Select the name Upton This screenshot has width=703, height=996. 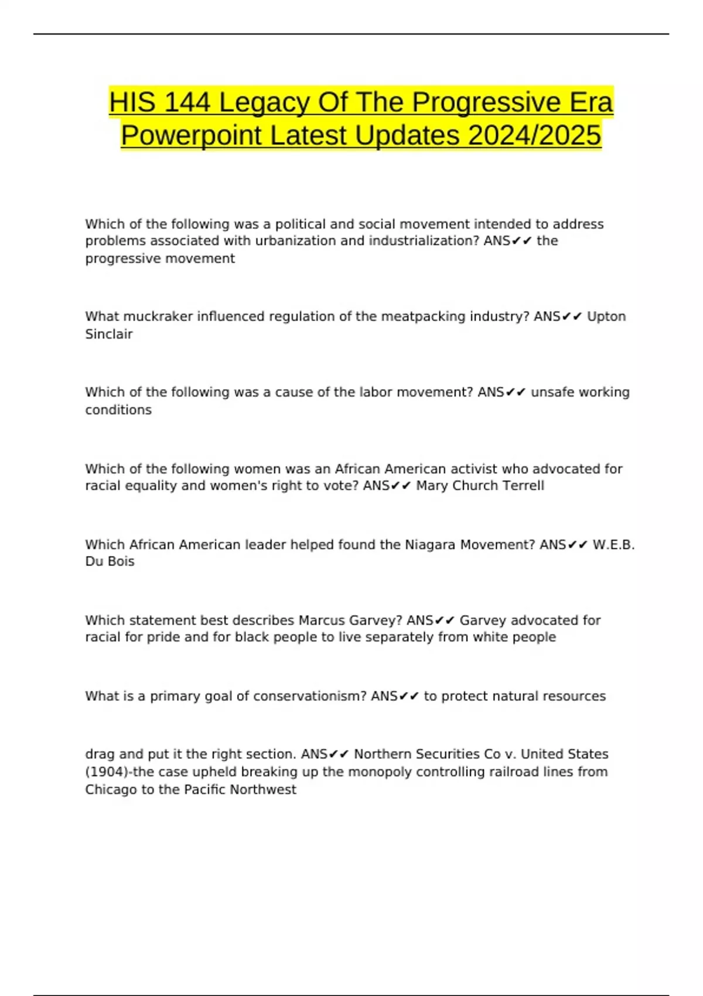point(606,316)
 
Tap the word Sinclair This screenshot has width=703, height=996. point(109,334)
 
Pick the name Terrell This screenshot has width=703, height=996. point(521,486)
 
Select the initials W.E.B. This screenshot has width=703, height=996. point(613,545)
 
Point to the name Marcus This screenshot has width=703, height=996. point(322,620)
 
